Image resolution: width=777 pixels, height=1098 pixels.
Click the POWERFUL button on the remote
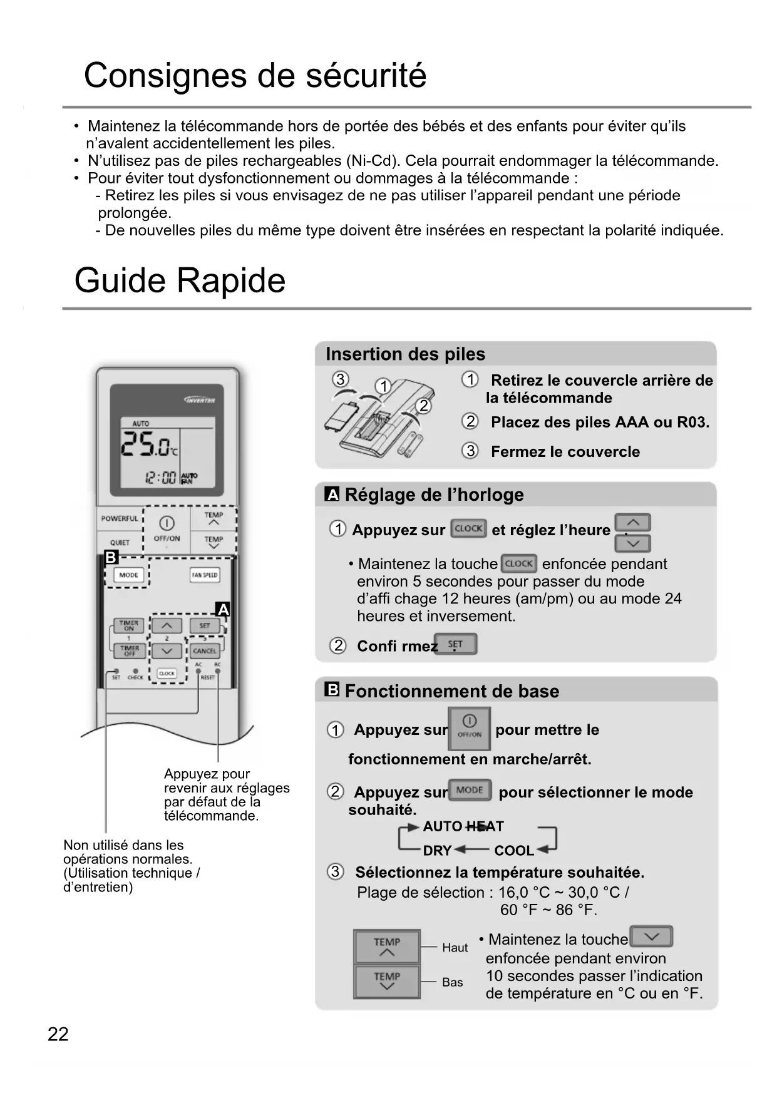click(120, 518)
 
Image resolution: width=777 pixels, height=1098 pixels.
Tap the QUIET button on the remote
click(120, 542)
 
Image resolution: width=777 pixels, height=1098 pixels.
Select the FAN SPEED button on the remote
click(205, 575)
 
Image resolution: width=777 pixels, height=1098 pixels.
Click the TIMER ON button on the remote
click(129, 625)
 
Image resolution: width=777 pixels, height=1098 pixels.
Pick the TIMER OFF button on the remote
click(129, 650)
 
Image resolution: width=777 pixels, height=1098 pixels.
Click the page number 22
click(58, 1034)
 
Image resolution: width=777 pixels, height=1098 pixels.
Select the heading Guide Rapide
click(180, 280)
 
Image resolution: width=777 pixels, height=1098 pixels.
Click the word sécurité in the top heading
click(366, 76)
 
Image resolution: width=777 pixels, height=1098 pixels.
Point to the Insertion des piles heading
click(405, 354)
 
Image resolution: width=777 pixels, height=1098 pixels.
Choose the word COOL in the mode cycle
click(514, 851)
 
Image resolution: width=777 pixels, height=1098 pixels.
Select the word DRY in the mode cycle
click(437, 851)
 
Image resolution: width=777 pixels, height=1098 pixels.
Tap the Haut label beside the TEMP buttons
click(455, 948)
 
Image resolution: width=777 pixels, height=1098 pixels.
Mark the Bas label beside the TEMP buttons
click(452, 982)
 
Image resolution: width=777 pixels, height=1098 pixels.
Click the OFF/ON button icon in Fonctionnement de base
click(470, 728)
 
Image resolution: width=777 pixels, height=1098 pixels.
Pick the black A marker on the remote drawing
click(222, 609)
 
